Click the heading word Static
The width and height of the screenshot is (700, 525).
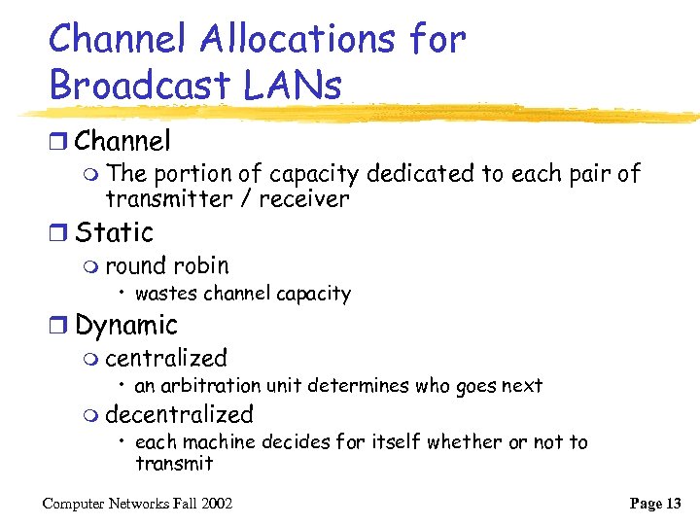[x=114, y=233]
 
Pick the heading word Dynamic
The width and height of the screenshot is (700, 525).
[x=126, y=326]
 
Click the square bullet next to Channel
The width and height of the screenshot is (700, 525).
[x=59, y=143]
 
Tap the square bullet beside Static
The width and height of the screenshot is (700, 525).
[x=59, y=234]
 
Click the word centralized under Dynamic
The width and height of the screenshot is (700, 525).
[x=166, y=359]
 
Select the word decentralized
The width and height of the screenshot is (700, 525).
[x=179, y=414]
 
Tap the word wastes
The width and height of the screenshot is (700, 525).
[x=166, y=294]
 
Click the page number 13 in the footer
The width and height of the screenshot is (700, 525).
[x=671, y=503]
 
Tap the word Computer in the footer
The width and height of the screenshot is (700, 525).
[x=79, y=503]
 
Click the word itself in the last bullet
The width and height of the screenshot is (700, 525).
[x=394, y=442]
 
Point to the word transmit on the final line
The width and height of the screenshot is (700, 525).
[x=174, y=464]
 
